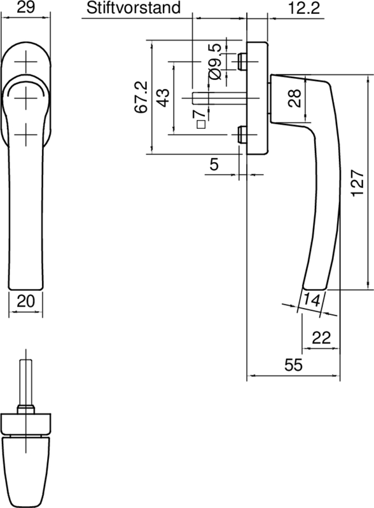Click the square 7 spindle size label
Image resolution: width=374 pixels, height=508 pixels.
(202, 118)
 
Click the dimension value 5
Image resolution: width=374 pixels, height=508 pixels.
(214, 164)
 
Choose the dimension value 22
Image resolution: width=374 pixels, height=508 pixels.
(323, 338)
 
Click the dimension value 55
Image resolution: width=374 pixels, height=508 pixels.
(293, 365)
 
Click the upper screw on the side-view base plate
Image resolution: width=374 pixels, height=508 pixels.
(242, 61)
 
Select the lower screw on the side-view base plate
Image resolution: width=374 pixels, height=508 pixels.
(242, 135)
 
